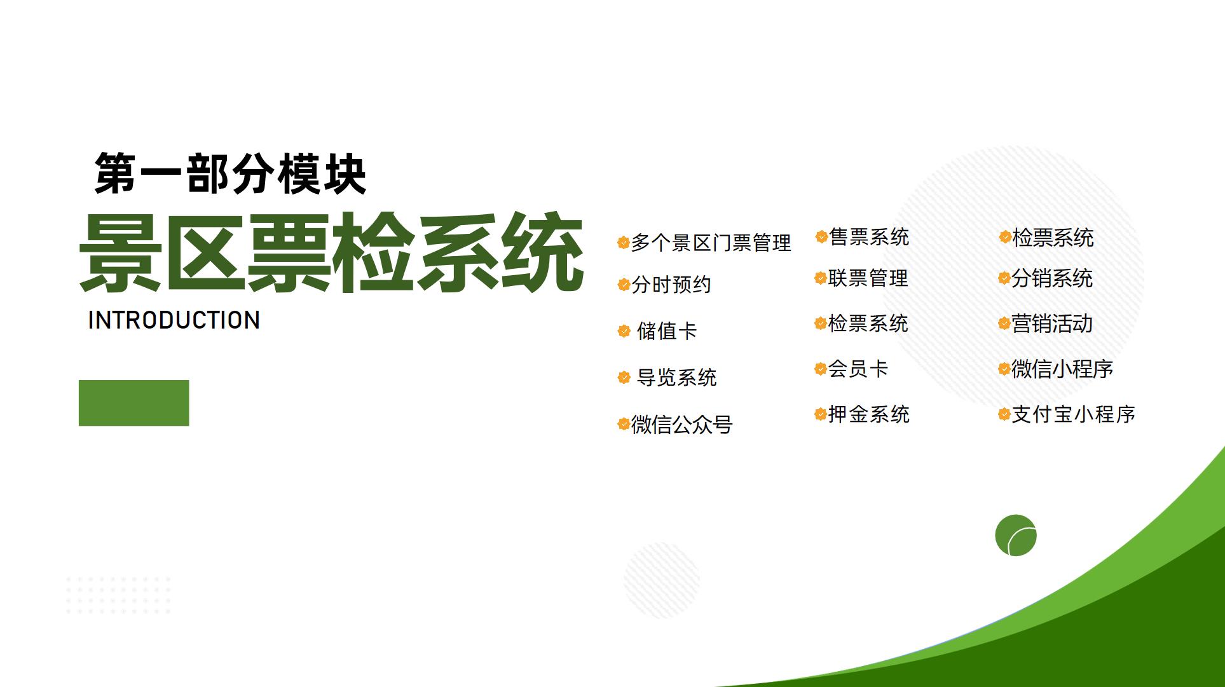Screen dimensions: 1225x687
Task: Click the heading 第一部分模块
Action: pos(230,173)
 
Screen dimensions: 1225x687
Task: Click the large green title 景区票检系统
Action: pos(331,253)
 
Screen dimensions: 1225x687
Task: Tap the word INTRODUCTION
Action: pos(174,320)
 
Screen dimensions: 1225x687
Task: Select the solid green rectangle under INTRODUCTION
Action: pos(133,403)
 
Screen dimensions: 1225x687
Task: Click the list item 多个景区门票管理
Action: pos(711,243)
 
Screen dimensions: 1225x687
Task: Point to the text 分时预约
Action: pos(671,285)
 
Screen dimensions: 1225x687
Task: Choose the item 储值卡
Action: pos(667,331)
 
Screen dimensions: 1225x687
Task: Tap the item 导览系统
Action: pos(676,378)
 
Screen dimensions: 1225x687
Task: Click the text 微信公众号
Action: pos(681,425)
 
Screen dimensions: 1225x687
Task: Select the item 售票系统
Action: pos(869,237)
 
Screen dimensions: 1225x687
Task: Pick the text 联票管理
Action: pos(868,278)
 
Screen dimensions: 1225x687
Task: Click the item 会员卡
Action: pos(858,369)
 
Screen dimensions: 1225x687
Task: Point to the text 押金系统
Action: pos(869,414)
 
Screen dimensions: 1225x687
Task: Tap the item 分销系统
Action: pos(1052,278)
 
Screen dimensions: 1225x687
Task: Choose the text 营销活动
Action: pos(1052,324)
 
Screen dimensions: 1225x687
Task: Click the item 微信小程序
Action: pos(1062,369)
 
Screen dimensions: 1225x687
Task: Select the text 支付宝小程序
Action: pos(1073,414)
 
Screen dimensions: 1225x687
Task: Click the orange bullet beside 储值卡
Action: pos(624,331)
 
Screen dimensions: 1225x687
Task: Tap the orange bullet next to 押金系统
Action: pos(821,415)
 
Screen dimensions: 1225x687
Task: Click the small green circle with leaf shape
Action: pos(1016,535)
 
